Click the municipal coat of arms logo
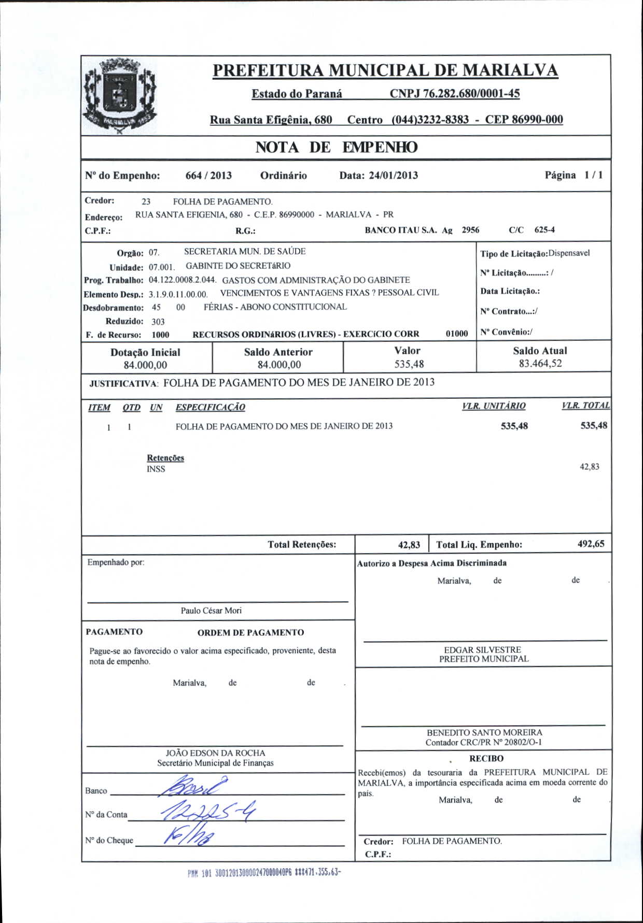pyautogui.click(x=120, y=96)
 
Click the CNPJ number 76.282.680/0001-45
pyautogui.click(x=454, y=94)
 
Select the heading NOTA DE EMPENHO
pyautogui.click(x=336, y=148)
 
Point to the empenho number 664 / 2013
pyautogui.click(x=208, y=176)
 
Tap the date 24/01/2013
pyautogui.click(x=393, y=176)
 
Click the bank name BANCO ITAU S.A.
pyautogui.click(x=401, y=230)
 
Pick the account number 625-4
pyautogui.click(x=544, y=230)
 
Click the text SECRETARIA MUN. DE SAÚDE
pyautogui.click(x=245, y=252)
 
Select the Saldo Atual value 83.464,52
pyautogui.click(x=540, y=364)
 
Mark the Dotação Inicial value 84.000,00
pyautogui.click(x=145, y=365)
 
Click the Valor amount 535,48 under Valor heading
pyautogui.click(x=409, y=364)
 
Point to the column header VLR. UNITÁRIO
pyautogui.click(x=493, y=406)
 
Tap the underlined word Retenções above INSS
pyautogui.click(x=165, y=458)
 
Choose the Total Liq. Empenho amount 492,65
pyautogui.click(x=591, y=544)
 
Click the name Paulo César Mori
pyautogui.click(x=211, y=611)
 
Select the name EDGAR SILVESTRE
pyautogui.click(x=482, y=650)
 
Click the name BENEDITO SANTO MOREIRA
pyautogui.click(x=484, y=733)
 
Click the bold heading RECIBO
pyautogui.click(x=486, y=758)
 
